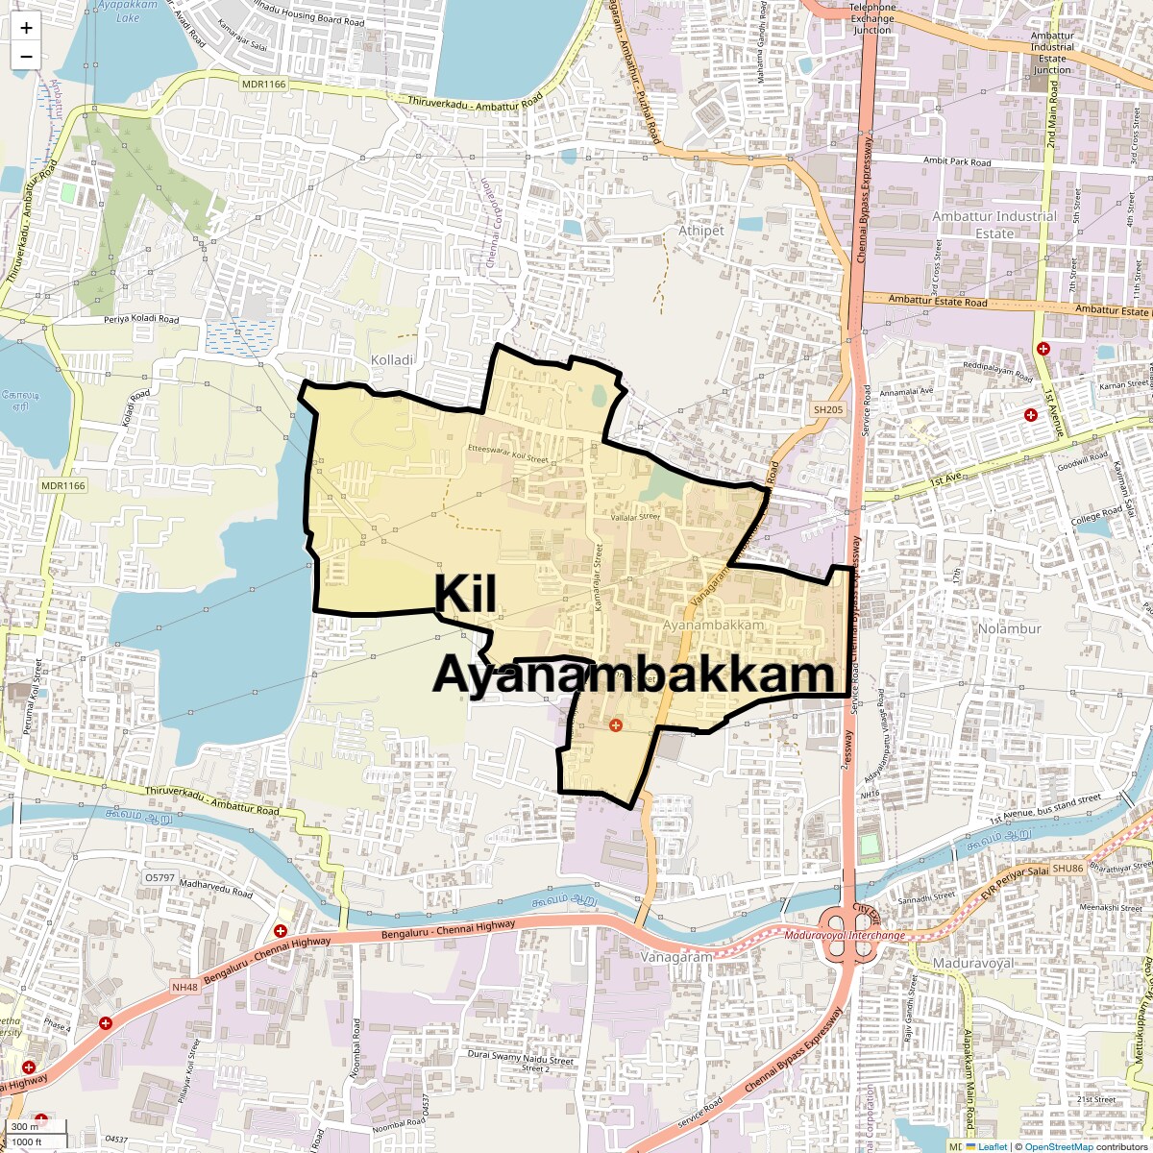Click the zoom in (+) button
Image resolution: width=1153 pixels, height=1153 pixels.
point(26,28)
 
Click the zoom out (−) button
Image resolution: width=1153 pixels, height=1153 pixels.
point(26,56)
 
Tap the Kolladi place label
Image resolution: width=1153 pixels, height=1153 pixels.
point(392,359)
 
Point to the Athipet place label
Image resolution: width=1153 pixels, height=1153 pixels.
point(701,231)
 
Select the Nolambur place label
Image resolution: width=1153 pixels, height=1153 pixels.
point(1009,628)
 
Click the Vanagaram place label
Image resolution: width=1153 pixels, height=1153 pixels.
point(677,957)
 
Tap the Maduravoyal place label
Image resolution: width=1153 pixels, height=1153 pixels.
point(973,963)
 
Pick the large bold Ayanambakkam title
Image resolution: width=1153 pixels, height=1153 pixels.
point(633,675)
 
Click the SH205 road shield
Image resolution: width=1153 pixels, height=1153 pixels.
point(827,410)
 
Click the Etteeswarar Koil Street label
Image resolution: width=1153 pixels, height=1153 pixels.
point(507,454)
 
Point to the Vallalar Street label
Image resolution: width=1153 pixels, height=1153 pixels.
point(636,517)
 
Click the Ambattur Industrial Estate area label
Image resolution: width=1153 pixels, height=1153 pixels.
point(994,225)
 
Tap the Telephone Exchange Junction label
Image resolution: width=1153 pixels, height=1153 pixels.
point(871,18)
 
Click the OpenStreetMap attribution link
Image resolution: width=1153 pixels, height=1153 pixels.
point(1058,1146)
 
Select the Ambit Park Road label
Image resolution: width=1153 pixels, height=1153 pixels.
point(956,161)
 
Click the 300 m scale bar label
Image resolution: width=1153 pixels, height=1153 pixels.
point(26,1126)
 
